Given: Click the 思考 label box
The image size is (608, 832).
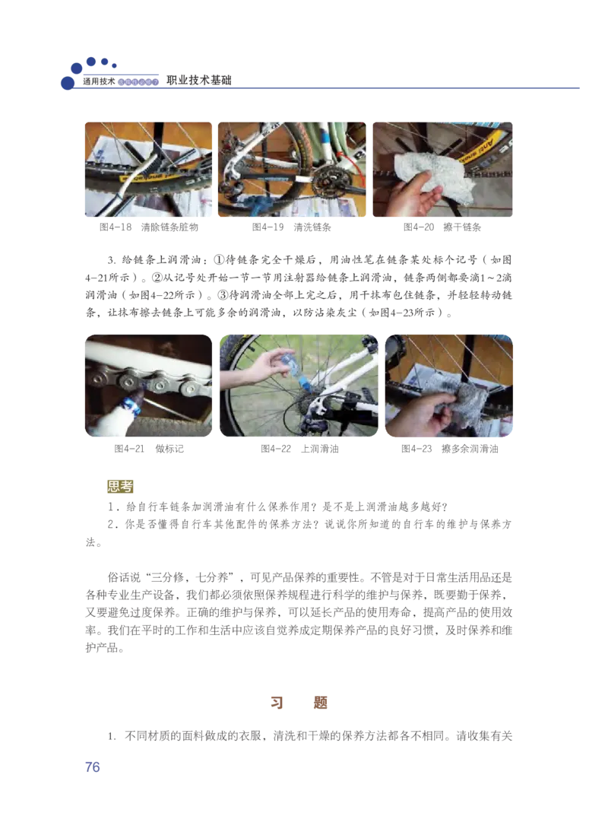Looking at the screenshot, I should pyautogui.click(x=119, y=487).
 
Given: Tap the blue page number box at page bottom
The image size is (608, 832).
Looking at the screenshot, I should pyautogui.click(x=93, y=767).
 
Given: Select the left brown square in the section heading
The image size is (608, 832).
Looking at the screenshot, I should pyautogui.click(x=277, y=702).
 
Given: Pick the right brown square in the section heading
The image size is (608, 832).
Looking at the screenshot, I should pyautogui.click(x=320, y=702).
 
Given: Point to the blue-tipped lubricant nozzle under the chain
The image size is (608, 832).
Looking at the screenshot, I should pyautogui.click(x=137, y=395).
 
